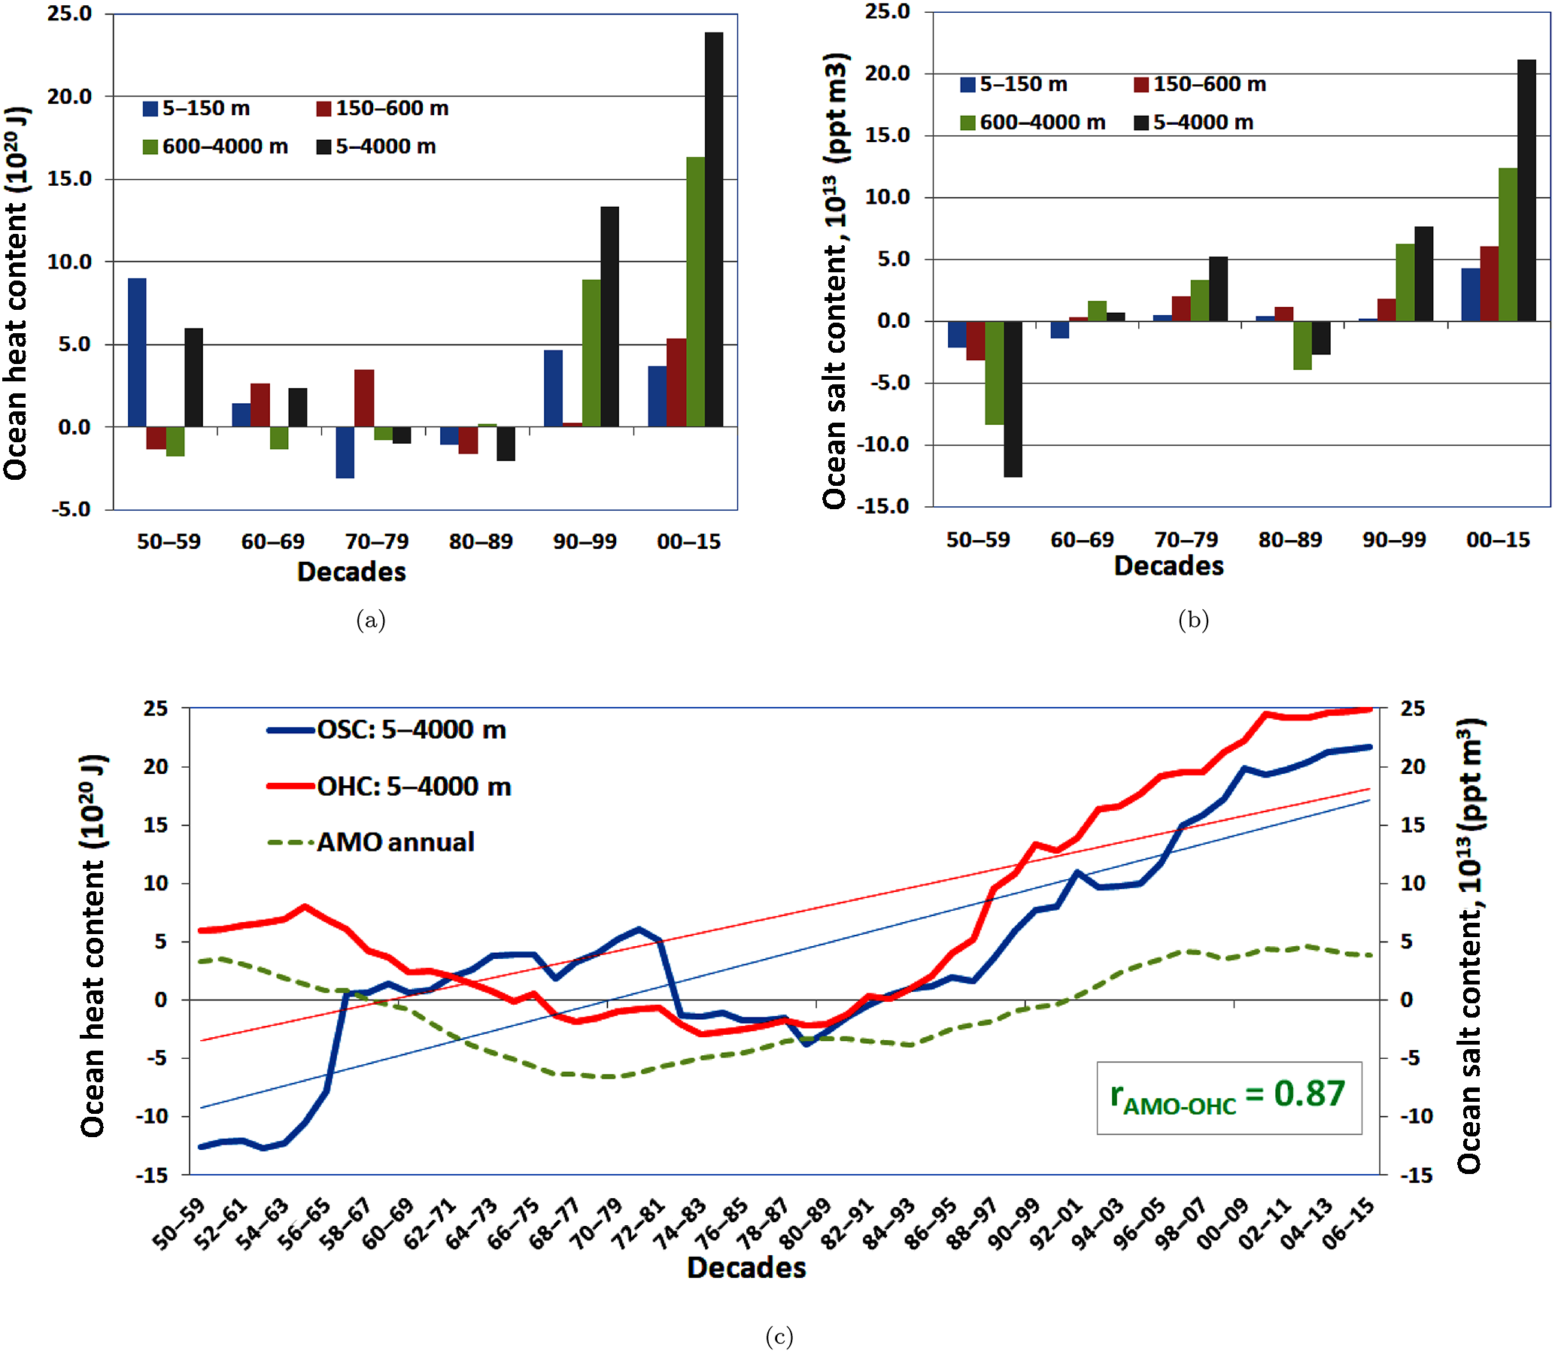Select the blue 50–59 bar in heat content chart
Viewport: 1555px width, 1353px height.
click(x=137, y=352)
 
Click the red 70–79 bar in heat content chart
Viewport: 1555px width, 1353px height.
click(x=364, y=398)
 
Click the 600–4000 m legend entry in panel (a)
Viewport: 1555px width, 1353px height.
click(x=215, y=147)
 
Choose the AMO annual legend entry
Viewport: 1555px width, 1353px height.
click(x=372, y=842)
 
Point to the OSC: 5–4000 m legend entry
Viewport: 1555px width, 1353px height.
click(x=387, y=730)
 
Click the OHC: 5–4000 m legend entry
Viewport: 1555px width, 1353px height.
click(x=390, y=787)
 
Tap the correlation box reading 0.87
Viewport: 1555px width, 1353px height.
click(x=1228, y=1097)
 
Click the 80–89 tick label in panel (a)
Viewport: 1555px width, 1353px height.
click(x=480, y=542)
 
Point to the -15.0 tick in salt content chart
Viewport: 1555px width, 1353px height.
click(x=884, y=506)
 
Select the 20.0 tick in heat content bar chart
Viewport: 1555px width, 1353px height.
click(x=69, y=96)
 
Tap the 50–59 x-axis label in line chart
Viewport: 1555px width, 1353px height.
click(x=179, y=1224)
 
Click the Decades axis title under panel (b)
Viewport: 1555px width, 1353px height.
click(x=1168, y=566)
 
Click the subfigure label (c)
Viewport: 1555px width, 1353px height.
click(x=779, y=1336)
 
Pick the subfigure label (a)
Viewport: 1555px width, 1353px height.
click(x=370, y=620)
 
